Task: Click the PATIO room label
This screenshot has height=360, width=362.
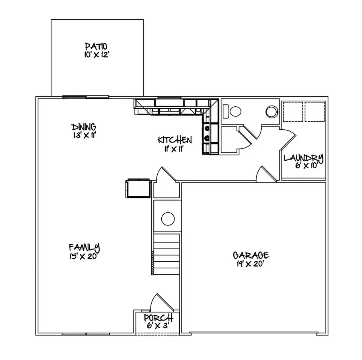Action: [x=97, y=46]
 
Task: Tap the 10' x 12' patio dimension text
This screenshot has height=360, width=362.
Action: [x=97, y=54]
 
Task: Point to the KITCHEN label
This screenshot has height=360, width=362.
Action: [x=175, y=140]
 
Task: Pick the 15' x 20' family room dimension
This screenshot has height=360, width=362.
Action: [x=84, y=256]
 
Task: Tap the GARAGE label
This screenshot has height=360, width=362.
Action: [x=251, y=255]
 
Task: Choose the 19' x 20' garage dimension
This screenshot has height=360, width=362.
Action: [x=251, y=264]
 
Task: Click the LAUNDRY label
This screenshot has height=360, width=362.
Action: [x=304, y=157]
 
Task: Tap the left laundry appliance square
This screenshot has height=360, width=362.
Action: [x=292, y=111]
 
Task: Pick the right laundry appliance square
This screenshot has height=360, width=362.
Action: [x=315, y=111]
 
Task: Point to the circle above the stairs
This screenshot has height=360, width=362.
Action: [x=168, y=219]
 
